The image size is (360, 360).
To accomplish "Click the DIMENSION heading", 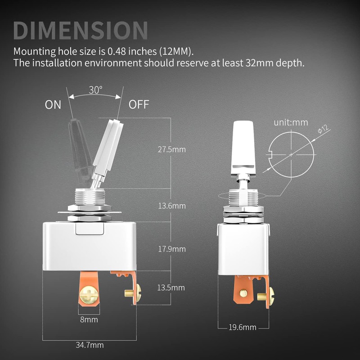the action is [x=81, y=30].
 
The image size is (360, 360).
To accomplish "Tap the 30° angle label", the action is [x=95, y=90].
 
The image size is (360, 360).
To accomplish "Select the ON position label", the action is [x=53, y=105].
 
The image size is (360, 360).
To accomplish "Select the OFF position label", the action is [x=139, y=104].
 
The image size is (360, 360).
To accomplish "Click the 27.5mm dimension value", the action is [x=172, y=149].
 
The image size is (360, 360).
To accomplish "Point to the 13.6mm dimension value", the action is [x=172, y=206].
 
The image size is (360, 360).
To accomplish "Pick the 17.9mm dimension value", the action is [x=172, y=249].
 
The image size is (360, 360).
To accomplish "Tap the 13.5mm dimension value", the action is [x=171, y=288].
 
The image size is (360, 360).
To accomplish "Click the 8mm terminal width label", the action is [x=89, y=319].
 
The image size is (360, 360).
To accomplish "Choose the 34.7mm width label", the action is [x=90, y=345].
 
